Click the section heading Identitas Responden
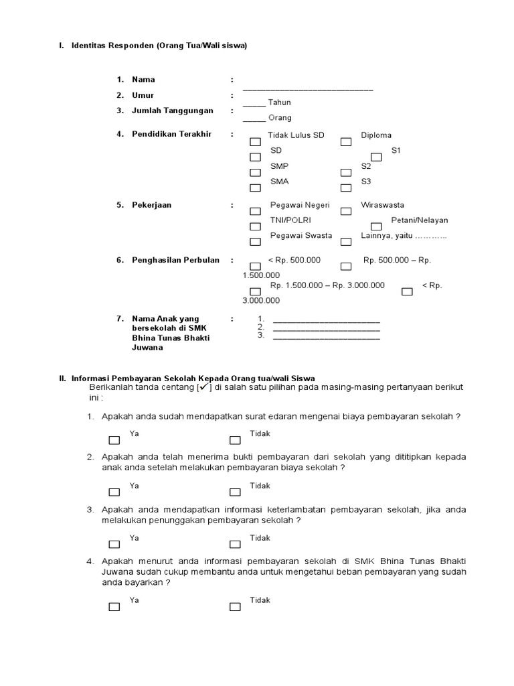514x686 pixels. pos(159,46)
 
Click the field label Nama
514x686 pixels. pos(143,80)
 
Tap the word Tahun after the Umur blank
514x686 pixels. pos(280,102)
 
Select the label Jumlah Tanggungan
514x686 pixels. pos(173,111)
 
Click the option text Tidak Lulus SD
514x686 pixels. pos(296,135)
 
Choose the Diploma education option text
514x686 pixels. pos(376,135)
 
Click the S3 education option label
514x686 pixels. pos(366,182)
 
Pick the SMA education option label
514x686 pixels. pos(280,182)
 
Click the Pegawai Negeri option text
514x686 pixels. pos(300,205)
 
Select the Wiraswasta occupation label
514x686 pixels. pos(382,205)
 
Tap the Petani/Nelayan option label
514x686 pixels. pos(420,220)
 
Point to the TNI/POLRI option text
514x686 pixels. pos(290,220)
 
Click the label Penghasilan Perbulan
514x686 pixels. pos(175,260)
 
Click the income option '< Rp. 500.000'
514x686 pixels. pos(294,260)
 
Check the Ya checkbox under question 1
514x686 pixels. pos(114,440)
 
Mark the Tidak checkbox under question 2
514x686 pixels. pos(235,492)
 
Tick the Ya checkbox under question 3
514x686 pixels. pos(114,544)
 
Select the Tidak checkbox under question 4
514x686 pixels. pos(235,607)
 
